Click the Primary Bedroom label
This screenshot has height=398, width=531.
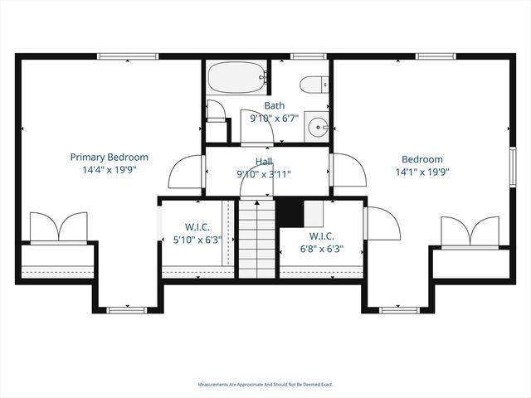point(109,157)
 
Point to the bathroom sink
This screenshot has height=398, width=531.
point(317,127)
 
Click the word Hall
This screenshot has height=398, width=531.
point(264,163)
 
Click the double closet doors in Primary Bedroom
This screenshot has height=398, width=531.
point(58,228)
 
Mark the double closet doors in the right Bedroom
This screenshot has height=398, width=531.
point(471,233)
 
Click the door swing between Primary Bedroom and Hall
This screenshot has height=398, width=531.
point(187,173)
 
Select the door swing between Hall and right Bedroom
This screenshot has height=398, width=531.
point(348,173)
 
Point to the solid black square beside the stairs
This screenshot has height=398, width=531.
point(289,211)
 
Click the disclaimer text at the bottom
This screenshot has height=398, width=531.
point(265,385)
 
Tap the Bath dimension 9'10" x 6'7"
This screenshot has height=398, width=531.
point(275,119)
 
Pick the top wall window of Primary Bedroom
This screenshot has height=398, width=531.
point(127,56)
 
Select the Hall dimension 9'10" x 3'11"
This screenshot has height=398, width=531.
point(264,174)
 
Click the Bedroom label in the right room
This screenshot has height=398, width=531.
point(422,159)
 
